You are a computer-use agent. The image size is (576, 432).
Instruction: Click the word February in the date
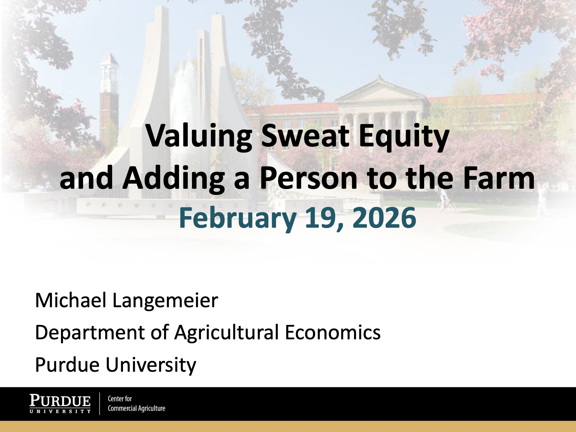(238, 218)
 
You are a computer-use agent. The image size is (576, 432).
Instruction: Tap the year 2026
(384, 218)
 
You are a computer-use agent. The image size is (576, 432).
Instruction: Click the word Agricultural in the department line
(226, 333)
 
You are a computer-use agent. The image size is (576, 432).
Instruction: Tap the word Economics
(332, 332)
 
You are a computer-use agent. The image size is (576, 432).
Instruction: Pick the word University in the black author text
(151, 365)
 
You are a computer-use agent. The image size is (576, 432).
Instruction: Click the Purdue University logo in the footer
(60, 404)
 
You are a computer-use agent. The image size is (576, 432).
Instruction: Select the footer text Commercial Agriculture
(136, 408)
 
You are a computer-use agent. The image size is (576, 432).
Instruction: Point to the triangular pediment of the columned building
(381, 90)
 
